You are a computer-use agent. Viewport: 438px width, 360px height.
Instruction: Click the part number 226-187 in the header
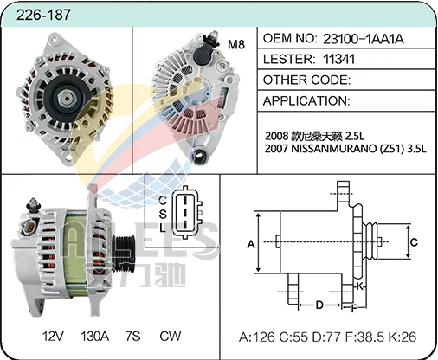pos(43,15)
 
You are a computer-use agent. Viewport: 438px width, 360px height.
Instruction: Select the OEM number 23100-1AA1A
pos(363,39)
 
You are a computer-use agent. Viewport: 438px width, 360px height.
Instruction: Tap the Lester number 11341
pos(338,59)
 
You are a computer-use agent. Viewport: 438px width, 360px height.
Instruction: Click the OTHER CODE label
pos(306,80)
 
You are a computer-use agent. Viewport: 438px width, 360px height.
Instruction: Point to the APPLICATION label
pos(306,101)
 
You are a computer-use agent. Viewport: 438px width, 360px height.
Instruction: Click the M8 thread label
pos(236,44)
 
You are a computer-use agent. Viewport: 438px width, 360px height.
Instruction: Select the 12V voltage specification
pos(53,337)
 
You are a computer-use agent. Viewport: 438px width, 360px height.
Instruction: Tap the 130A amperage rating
pos(94,337)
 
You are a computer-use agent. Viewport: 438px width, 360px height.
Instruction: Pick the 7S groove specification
pos(132,337)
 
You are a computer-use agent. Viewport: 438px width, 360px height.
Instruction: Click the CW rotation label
pos(171,337)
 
